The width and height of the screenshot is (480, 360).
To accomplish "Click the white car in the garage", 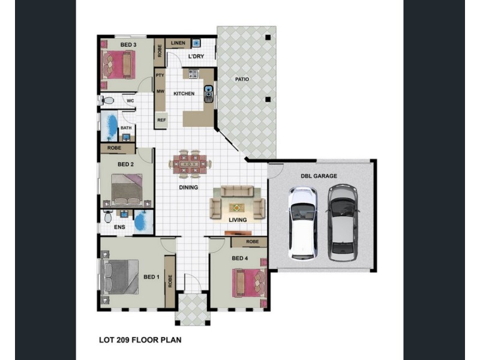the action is coord(302,223).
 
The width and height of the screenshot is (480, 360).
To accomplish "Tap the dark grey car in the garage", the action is coord(343,222).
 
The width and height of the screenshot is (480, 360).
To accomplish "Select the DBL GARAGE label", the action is coord(319,176).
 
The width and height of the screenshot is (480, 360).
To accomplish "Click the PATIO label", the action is coord(242,79).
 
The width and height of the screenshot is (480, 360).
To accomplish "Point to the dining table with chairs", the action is coord(190,163).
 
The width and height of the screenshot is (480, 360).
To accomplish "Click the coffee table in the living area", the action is coord(237,208).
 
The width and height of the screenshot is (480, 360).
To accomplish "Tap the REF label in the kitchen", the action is coord(161,120).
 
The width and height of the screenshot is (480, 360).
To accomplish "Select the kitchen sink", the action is coord(208,94).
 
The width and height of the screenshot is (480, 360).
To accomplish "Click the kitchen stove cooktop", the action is coord(194,74).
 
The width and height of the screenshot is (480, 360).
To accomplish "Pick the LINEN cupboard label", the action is coord(178,43).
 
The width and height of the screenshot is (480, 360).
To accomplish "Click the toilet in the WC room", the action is coord(106,100).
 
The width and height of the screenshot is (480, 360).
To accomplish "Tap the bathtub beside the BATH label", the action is coord(109,126).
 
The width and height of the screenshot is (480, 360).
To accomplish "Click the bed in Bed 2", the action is coord(127,190).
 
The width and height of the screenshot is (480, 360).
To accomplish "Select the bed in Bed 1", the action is coord(119,277).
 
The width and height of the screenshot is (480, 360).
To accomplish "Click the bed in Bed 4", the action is coord(249,283).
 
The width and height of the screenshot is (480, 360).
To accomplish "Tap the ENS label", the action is coord(119,227).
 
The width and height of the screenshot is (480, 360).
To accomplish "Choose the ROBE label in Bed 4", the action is coord(252,242).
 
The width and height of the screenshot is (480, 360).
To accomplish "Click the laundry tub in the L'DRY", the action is coord(196,43).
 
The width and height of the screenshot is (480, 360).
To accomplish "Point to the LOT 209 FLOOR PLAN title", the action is coord(140,340).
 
